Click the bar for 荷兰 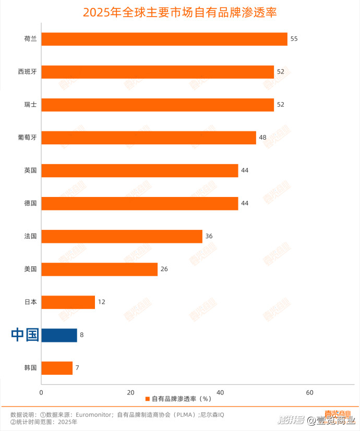tap(164, 39)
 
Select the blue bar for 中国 tap(59, 335)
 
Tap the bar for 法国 tap(122, 237)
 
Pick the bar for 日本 tap(68, 302)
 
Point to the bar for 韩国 tap(57, 368)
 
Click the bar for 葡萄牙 tap(149, 138)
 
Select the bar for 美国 tap(99, 269)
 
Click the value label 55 tap(294, 39)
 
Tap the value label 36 tap(209, 236)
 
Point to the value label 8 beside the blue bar tap(82, 335)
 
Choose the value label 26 tap(164, 269)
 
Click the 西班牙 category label tap(27, 72)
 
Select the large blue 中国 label tap(25, 335)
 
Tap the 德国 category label tap(30, 203)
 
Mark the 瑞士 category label tap(30, 105)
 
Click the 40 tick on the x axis tap(220, 393)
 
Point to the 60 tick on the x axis tap(309, 393)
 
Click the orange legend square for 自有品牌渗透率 tap(148, 399)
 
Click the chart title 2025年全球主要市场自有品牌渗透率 tap(179, 13)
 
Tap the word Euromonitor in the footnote tap(94, 415)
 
